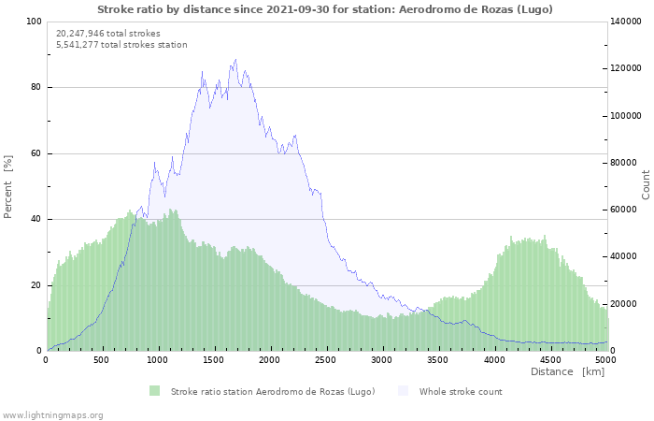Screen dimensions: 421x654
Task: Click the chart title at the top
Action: click(x=325, y=9)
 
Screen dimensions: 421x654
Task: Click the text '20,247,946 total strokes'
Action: click(x=108, y=33)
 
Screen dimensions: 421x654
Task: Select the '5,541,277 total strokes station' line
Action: click(x=121, y=44)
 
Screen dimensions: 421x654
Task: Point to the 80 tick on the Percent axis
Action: click(x=36, y=88)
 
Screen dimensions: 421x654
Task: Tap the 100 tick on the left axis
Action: click(x=34, y=22)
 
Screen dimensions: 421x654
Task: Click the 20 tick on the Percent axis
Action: click(x=36, y=285)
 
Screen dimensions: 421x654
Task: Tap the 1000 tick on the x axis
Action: click(x=158, y=359)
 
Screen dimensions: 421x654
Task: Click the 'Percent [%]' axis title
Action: click(x=8, y=186)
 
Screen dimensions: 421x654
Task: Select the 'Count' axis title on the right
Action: click(x=646, y=184)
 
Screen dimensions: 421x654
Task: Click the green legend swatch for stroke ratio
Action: click(x=154, y=391)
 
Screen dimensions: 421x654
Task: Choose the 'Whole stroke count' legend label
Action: click(x=461, y=391)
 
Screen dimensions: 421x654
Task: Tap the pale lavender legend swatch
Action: click(x=403, y=391)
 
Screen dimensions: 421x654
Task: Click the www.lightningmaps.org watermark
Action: click(x=52, y=414)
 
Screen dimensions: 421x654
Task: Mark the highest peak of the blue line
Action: click(x=235, y=60)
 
